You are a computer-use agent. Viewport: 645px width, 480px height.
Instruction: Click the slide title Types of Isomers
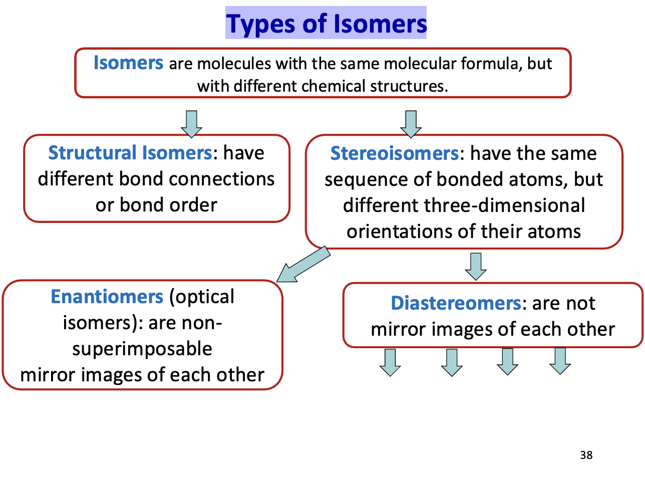(326, 24)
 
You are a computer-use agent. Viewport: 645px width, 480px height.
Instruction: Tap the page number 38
(586, 455)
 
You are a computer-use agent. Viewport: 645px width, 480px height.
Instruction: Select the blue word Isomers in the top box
(128, 63)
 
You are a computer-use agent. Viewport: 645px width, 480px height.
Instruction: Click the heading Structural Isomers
(130, 153)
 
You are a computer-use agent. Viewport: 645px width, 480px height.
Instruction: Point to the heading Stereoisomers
(394, 153)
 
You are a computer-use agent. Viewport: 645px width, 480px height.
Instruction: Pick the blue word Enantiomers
(107, 297)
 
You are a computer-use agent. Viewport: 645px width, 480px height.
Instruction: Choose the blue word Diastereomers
(456, 303)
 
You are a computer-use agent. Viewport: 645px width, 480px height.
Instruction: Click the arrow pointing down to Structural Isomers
(191, 124)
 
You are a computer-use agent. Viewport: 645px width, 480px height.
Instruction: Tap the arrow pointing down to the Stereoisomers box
(411, 124)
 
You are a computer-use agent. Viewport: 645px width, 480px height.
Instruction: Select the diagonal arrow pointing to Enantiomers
(302, 265)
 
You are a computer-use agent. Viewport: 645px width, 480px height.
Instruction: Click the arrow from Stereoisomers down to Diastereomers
(476, 266)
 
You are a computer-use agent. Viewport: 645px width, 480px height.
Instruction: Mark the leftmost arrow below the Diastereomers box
(390, 362)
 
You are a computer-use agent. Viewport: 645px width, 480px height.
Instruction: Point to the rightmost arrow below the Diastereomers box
(560, 361)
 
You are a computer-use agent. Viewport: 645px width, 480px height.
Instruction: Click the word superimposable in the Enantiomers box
(142, 349)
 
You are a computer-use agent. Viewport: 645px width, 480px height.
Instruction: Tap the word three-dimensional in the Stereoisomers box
(505, 205)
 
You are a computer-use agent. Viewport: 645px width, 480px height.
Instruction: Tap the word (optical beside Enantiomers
(202, 297)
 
